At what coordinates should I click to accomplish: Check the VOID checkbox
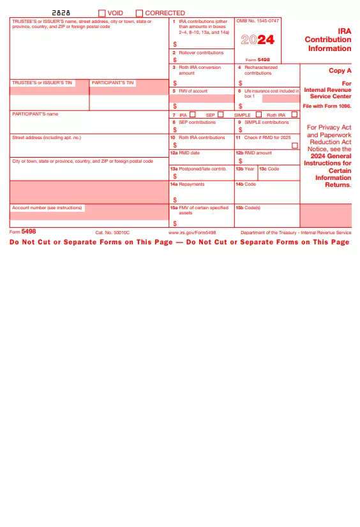tap(102, 13)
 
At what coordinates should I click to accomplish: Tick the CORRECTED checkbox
tap(139, 13)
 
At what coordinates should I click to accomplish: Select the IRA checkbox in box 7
tap(193, 115)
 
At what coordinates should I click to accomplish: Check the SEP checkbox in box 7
tap(221, 115)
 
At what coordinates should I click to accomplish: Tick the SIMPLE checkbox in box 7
tap(259, 115)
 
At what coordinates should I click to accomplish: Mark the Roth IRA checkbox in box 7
tap(294, 115)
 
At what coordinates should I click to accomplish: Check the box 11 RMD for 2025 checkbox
tap(294, 145)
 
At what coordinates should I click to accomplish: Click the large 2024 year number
tap(258, 40)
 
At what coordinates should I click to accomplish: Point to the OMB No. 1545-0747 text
tap(258, 21)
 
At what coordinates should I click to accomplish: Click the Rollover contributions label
tap(201, 53)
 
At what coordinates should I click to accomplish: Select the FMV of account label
tap(193, 91)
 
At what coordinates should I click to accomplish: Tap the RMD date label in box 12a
tap(190, 153)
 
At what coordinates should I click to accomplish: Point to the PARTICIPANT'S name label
tap(35, 114)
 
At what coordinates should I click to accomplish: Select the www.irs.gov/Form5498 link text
tap(192, 233)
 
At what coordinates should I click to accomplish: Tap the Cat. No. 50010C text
tap(112, 233)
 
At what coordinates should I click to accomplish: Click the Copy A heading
tap(340, 71)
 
